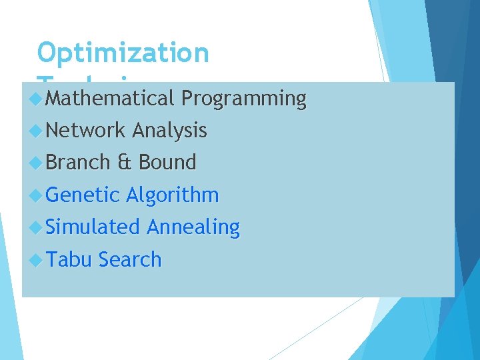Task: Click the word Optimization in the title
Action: click(123, 53)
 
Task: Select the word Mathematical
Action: click(109, 99)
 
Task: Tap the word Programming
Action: click(243, 99)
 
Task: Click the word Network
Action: click(86, 131)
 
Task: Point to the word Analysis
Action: click(169, 131)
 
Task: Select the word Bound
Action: click(167, 162)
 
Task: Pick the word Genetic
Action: click(83, 195)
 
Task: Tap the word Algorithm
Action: click(172, 195)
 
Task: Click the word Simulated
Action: click(93, 227)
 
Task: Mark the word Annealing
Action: click(193, 227)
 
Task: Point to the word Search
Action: click(129, 259)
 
